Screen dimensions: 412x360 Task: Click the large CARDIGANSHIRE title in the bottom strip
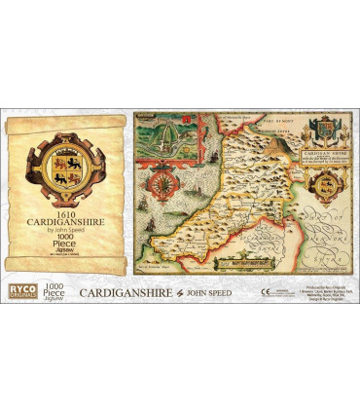[123, 292]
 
